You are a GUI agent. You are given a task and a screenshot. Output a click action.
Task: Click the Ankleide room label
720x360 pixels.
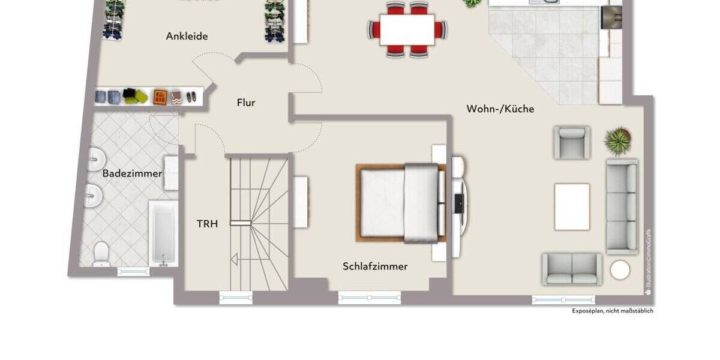(187, 36)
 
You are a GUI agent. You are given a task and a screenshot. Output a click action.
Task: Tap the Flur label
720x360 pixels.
(246, 103)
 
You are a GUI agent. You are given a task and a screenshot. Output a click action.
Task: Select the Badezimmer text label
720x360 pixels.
(132, 173)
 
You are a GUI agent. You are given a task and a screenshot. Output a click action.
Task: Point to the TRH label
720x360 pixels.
(207, 224)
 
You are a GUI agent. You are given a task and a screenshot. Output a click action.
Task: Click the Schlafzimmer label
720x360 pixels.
(375, 266)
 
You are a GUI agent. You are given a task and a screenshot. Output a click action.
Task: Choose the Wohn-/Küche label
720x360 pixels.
(500, 109)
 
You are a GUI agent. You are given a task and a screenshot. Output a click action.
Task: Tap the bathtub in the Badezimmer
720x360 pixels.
(163, 233)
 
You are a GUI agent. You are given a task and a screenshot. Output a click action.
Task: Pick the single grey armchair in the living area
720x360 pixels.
(571, 142)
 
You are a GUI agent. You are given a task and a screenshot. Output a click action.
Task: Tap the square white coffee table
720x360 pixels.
(572, 207)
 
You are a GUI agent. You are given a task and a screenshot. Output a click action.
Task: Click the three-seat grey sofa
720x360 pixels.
(622, 206)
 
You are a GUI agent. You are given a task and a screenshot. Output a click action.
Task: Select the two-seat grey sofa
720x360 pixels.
(572, 269)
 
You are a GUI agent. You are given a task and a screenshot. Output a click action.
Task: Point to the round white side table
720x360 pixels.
(620, 270)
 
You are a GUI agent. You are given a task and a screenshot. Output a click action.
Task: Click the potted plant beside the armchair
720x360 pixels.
(617, 141)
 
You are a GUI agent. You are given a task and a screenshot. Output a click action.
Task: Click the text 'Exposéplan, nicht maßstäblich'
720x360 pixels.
(612, 311)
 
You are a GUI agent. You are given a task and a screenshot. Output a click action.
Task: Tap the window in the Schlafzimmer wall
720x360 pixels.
(369, 296)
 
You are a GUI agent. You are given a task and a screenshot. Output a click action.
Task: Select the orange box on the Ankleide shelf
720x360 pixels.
(160, 97)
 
